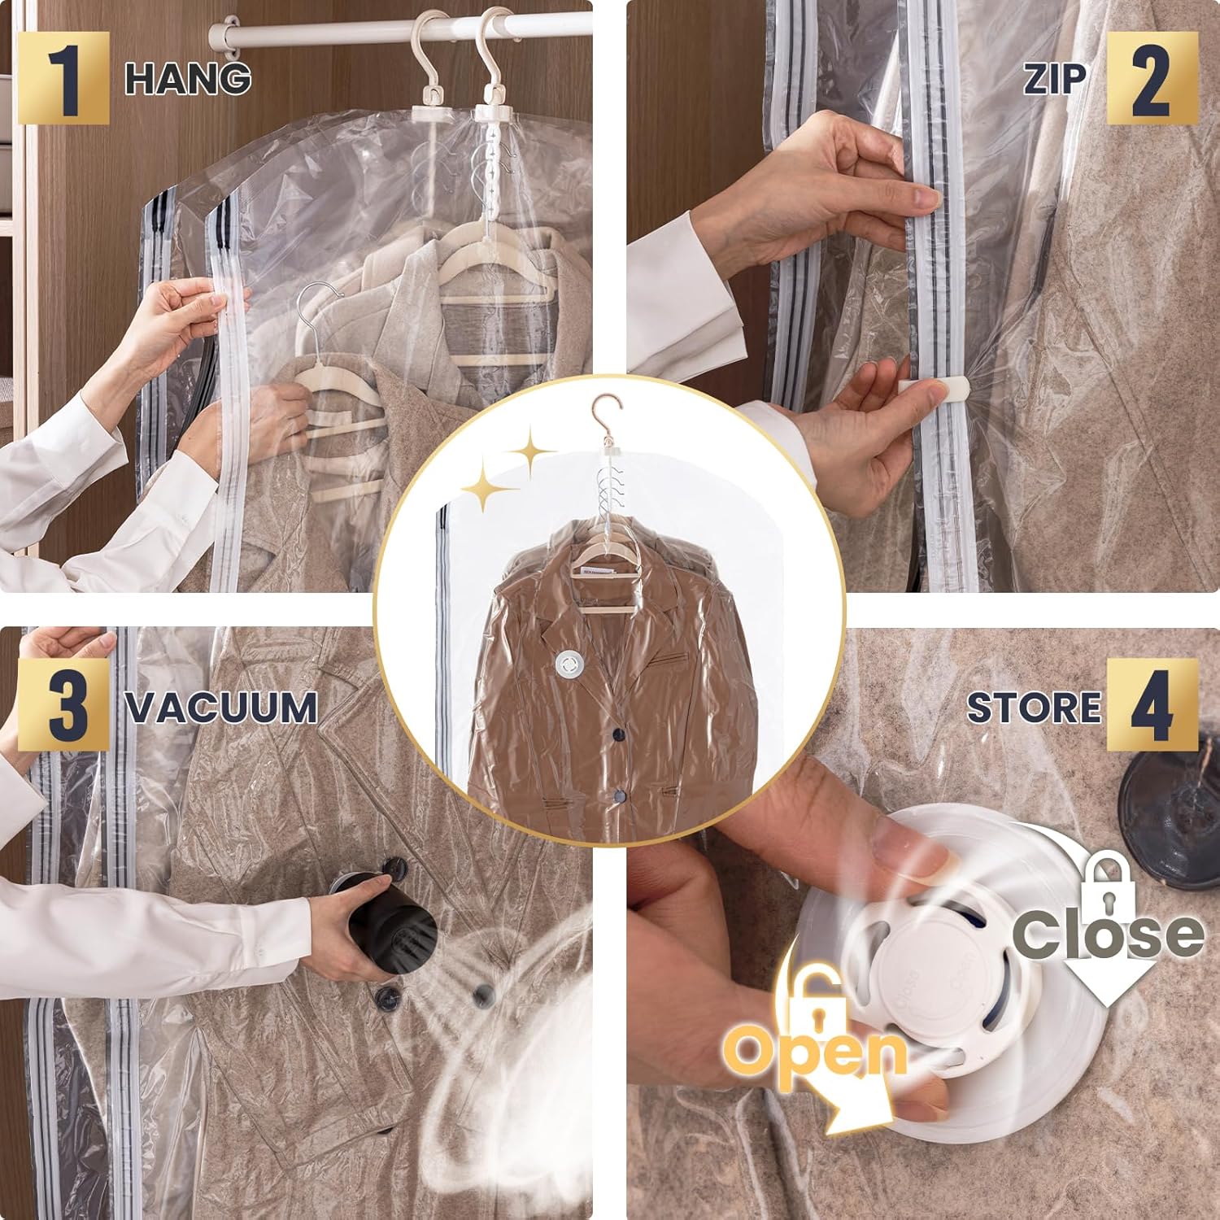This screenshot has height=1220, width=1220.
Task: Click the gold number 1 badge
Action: coord(63,78)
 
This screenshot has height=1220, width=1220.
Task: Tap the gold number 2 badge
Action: coord(1152,78)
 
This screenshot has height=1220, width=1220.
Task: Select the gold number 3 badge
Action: coord(63,704)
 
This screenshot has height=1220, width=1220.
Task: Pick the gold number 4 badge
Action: coord(1152,704)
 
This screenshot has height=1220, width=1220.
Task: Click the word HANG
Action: coord(188,79)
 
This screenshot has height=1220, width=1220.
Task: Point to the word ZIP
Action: coord(1055,79)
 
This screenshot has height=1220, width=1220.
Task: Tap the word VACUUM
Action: coord(221,707)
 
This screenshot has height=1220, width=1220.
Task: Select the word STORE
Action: coord(1033,707)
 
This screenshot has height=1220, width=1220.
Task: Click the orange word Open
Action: coord(817,1051)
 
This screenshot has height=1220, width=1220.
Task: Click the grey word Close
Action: coord(1108,933)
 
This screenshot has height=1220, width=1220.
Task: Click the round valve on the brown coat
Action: coord(569,664)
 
